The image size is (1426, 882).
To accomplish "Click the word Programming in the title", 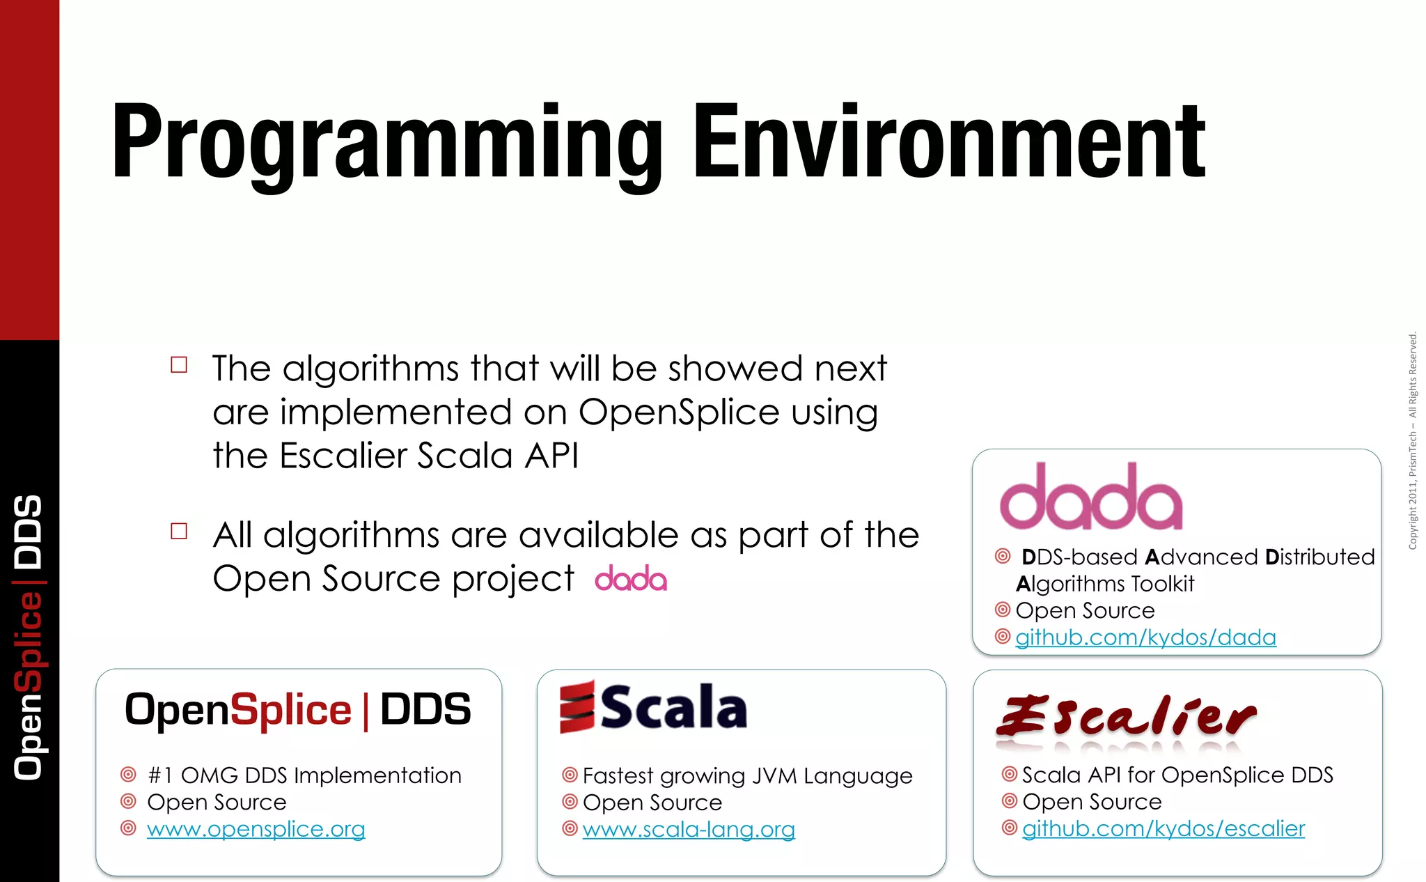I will (x=386, y=143).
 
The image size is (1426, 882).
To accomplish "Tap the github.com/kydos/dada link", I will (x=1145, y=637).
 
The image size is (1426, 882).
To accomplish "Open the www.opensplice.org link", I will (x=256, y=829).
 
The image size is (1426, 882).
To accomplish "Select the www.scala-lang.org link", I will (x=689, y=830).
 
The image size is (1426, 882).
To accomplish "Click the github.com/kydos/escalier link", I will (x=1163, y=828).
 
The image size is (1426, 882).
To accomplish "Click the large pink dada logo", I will (x=1090, y=497).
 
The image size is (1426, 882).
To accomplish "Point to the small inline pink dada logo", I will (x=631, y=579).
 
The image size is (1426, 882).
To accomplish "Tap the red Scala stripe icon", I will (x=577, y=707).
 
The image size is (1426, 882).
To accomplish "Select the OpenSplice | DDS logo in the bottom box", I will (x=297, y=710).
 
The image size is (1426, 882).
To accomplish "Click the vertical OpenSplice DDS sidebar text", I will (x=29, y=637).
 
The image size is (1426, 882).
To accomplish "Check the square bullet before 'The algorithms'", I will (x=179, y=365).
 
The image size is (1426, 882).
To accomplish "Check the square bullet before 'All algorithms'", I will (x=179, y=532).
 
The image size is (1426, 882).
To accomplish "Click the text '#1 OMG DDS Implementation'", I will (x=304, y=775).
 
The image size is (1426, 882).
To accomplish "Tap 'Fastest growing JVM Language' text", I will (x=747, y=775).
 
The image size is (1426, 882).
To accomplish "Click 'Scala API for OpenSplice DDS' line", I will (x=1177, y=775).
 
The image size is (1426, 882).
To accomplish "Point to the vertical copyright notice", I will (x=1412, y=441).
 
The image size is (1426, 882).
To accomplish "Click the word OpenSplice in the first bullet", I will (x=678, y=412).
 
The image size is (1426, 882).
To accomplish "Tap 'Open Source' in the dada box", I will (x=1085, y=611).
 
